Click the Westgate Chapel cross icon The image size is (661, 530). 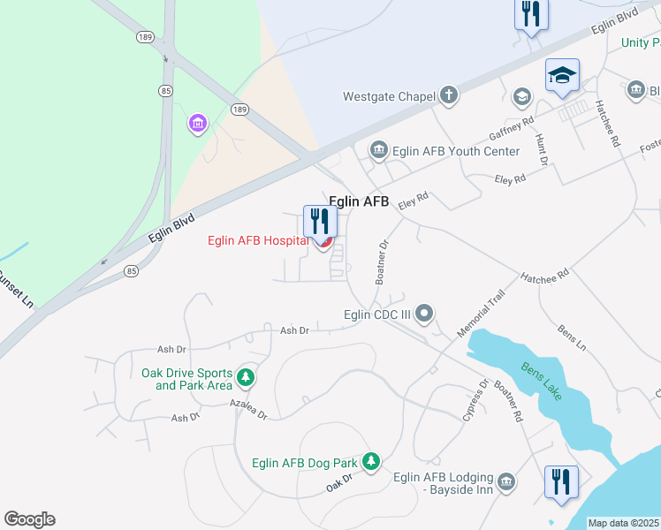click(449, 95)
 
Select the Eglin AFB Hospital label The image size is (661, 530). click(258, 240)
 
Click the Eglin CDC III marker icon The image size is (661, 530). click(425, 314)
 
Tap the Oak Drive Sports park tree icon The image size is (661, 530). click(247, 378)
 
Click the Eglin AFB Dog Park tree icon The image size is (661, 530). click(372, 462)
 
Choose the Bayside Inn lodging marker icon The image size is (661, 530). click(506, 481)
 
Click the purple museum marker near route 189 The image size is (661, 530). click(197, 124)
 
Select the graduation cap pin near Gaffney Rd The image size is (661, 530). click(562, 77)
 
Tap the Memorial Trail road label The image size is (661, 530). click(481, 314)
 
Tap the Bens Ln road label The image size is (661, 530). click(572, 337)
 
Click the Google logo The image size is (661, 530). click(29, 519)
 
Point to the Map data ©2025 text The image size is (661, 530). click(624, 523)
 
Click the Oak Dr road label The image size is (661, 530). click(338, 482)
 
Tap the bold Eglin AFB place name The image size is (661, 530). click(359, 202)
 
